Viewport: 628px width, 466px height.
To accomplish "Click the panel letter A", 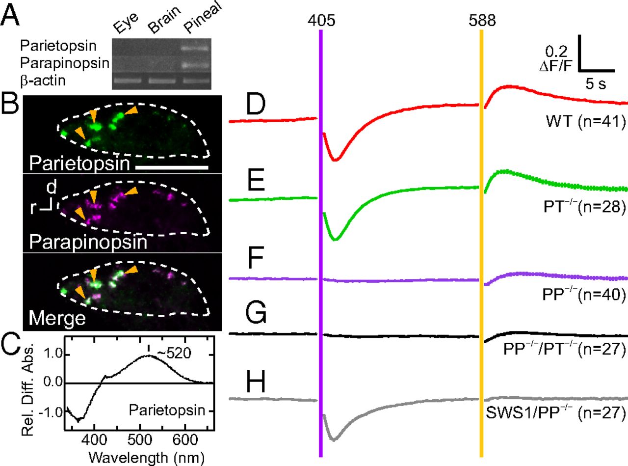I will point(12,15).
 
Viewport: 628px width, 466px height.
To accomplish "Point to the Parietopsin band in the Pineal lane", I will point(196,48).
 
